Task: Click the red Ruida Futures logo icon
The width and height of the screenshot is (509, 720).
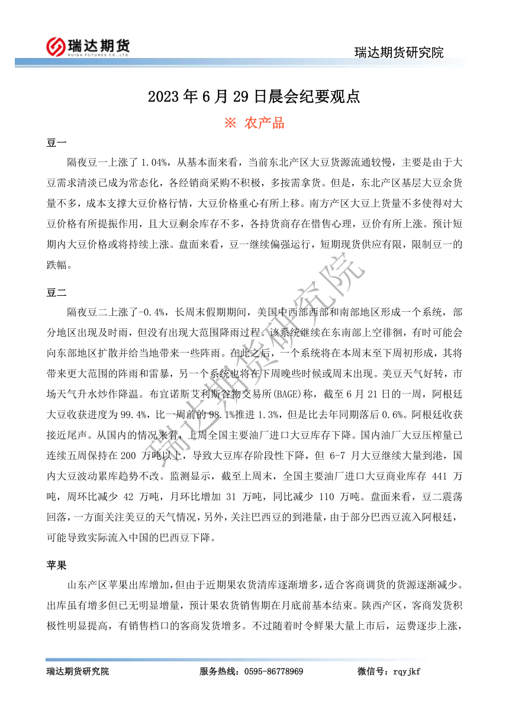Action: [x=55, y=46]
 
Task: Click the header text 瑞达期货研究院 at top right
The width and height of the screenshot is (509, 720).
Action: [x=398, y=53]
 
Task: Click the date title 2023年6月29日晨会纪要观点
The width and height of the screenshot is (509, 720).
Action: [x=254, y=96]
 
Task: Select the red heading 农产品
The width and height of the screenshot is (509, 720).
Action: [x=264, y=123]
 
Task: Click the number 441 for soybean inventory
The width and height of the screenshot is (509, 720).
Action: [x=437, y=477]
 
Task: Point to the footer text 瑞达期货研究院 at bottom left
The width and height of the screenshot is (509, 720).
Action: [x=78, y=671]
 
